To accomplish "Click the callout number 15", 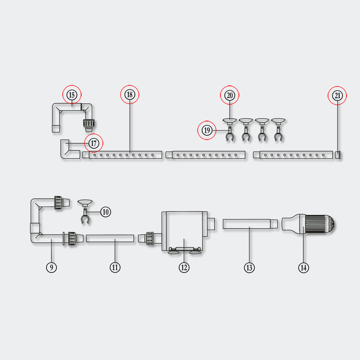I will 72,95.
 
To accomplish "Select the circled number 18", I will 130,95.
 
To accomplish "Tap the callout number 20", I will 230,95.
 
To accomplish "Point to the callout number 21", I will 337,96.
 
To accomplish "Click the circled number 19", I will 207,130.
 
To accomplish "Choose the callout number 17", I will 94,143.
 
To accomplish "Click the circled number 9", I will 51,267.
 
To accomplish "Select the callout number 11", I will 115,267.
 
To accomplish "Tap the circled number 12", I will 184,267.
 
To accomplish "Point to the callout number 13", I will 249,267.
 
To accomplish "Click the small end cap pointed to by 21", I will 338,155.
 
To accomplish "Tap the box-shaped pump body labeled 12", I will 184,230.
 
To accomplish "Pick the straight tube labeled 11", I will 110,238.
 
